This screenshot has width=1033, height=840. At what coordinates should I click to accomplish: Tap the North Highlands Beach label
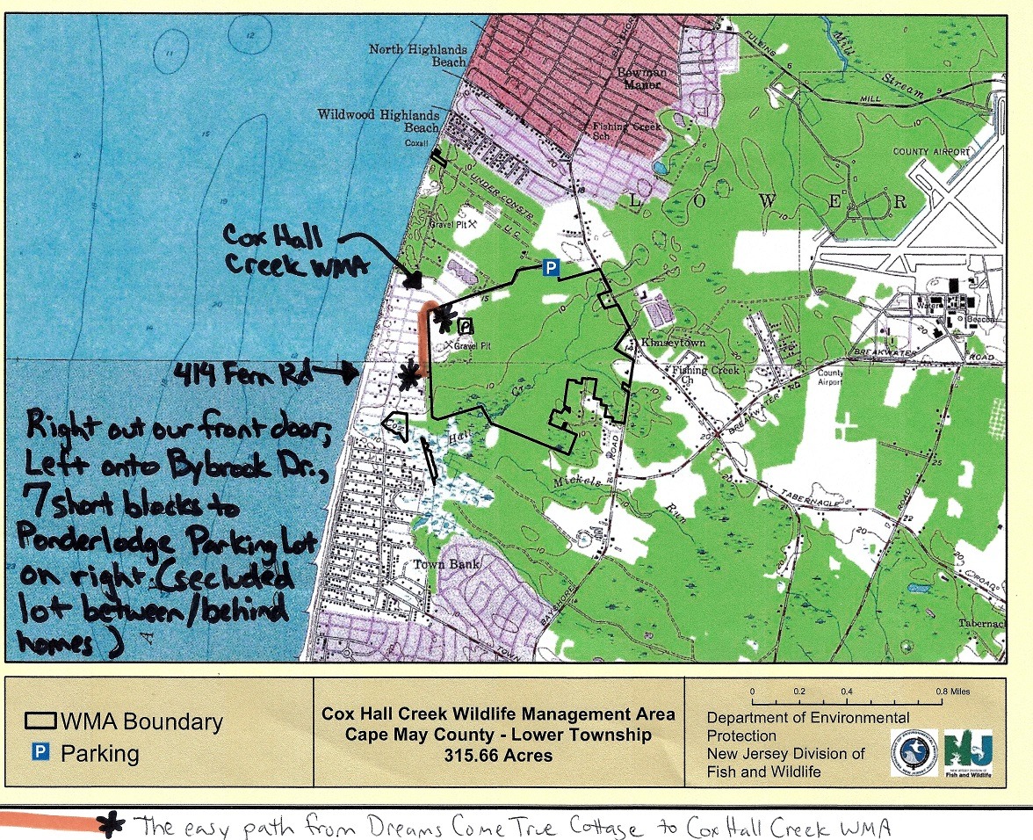coord(417,56)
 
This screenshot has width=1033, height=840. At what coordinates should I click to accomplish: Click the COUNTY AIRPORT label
coord(932,152)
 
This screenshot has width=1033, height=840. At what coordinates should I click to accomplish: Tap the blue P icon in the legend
coord(39,753)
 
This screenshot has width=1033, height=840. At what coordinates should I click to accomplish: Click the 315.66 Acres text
coord(498,755)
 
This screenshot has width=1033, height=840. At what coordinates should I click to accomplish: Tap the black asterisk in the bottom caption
coord(111,824)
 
